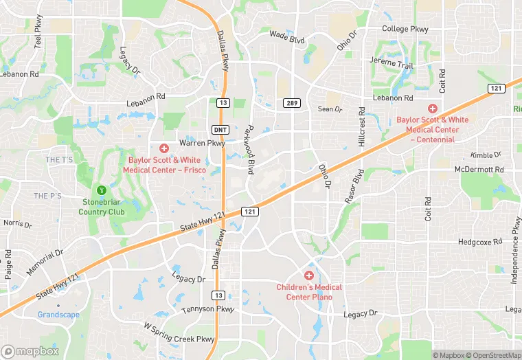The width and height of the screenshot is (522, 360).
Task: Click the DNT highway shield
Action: pos(220,130)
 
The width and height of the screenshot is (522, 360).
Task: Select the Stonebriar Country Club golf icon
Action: pos(102,189)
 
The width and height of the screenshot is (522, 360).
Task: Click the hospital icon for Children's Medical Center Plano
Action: pos(309,275)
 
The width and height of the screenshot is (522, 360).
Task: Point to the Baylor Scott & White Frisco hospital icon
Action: pos(163,148)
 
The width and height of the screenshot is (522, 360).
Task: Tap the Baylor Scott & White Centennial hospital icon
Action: pos(432,109)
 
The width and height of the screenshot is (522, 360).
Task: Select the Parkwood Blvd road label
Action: pos(250,148)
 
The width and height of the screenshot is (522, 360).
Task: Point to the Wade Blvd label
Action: pos(287,36)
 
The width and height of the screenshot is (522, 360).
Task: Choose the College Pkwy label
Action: pos(405,29)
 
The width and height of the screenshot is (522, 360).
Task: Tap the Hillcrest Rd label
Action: pos(361,128)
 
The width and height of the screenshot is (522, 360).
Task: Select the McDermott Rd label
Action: pos(479,169)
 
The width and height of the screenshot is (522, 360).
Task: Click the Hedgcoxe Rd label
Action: pos(481,242)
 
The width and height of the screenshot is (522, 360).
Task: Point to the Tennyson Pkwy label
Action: pos(208,309)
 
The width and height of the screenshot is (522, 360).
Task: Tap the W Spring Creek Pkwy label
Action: pos(179,332)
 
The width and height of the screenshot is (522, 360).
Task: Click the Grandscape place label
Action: pos(58,315)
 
